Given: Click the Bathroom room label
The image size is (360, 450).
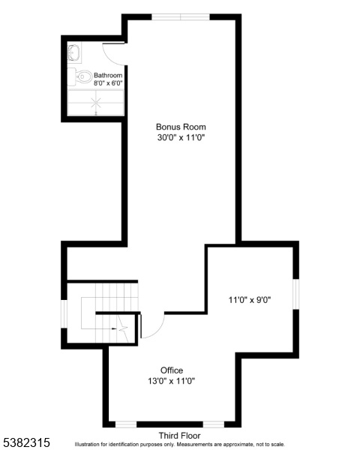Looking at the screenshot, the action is pos(108,76).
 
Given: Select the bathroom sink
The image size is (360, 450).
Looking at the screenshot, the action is pos(74,52).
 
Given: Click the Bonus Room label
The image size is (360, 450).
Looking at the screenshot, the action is pos(181,127).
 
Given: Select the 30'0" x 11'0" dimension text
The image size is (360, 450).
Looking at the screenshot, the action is pos(181,138).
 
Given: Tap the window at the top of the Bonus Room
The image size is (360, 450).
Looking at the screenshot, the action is pos(181,17).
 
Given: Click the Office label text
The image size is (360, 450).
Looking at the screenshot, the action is pos(172,370).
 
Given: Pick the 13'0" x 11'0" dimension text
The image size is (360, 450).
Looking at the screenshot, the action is pos(172,381).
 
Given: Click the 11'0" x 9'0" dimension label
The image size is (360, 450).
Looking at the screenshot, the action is pos(250,300).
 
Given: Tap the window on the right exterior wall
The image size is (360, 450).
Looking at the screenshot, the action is pos(296,294).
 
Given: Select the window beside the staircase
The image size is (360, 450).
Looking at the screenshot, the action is pos(64,313).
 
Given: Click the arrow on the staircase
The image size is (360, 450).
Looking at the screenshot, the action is pos(115,328).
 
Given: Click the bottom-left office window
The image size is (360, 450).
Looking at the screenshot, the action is pos(126,424).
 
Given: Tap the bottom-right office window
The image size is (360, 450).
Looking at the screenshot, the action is pos(214,424).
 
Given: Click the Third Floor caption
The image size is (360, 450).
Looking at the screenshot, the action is pos(180,436).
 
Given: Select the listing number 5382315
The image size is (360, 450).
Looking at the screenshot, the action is pos(25,442).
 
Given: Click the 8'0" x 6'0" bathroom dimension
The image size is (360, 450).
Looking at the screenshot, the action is pos(108,83).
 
